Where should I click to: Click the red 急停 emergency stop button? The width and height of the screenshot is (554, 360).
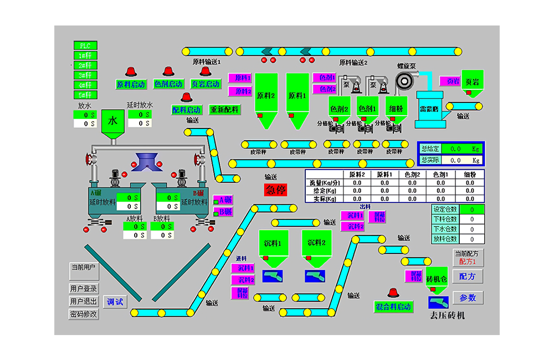tap(276, 189)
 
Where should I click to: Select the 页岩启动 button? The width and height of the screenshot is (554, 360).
tap(205, 84)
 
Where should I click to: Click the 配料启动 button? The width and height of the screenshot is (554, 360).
tap(186, 110)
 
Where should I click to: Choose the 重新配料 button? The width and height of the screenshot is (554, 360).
tap(224, 110)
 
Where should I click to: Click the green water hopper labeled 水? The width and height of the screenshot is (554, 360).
tap(113, 121)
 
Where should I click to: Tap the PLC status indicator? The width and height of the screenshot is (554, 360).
tap(85, 45)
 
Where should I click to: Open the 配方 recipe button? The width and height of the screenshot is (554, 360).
tap(468, 276)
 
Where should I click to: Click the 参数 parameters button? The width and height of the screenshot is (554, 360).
tap(468, 297)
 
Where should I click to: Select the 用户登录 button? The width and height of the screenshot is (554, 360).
tap(84, 289)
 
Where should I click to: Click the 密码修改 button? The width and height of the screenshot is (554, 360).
tap(84, 314)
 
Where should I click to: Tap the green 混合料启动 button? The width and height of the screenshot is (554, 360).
tap(393, 307)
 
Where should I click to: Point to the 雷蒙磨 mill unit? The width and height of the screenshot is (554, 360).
tap(429, 109)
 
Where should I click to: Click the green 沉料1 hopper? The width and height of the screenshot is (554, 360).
tap(273, 244)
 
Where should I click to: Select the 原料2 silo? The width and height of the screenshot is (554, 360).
tap(266, 95)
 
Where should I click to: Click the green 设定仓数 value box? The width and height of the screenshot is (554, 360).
tap(471, 209)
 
